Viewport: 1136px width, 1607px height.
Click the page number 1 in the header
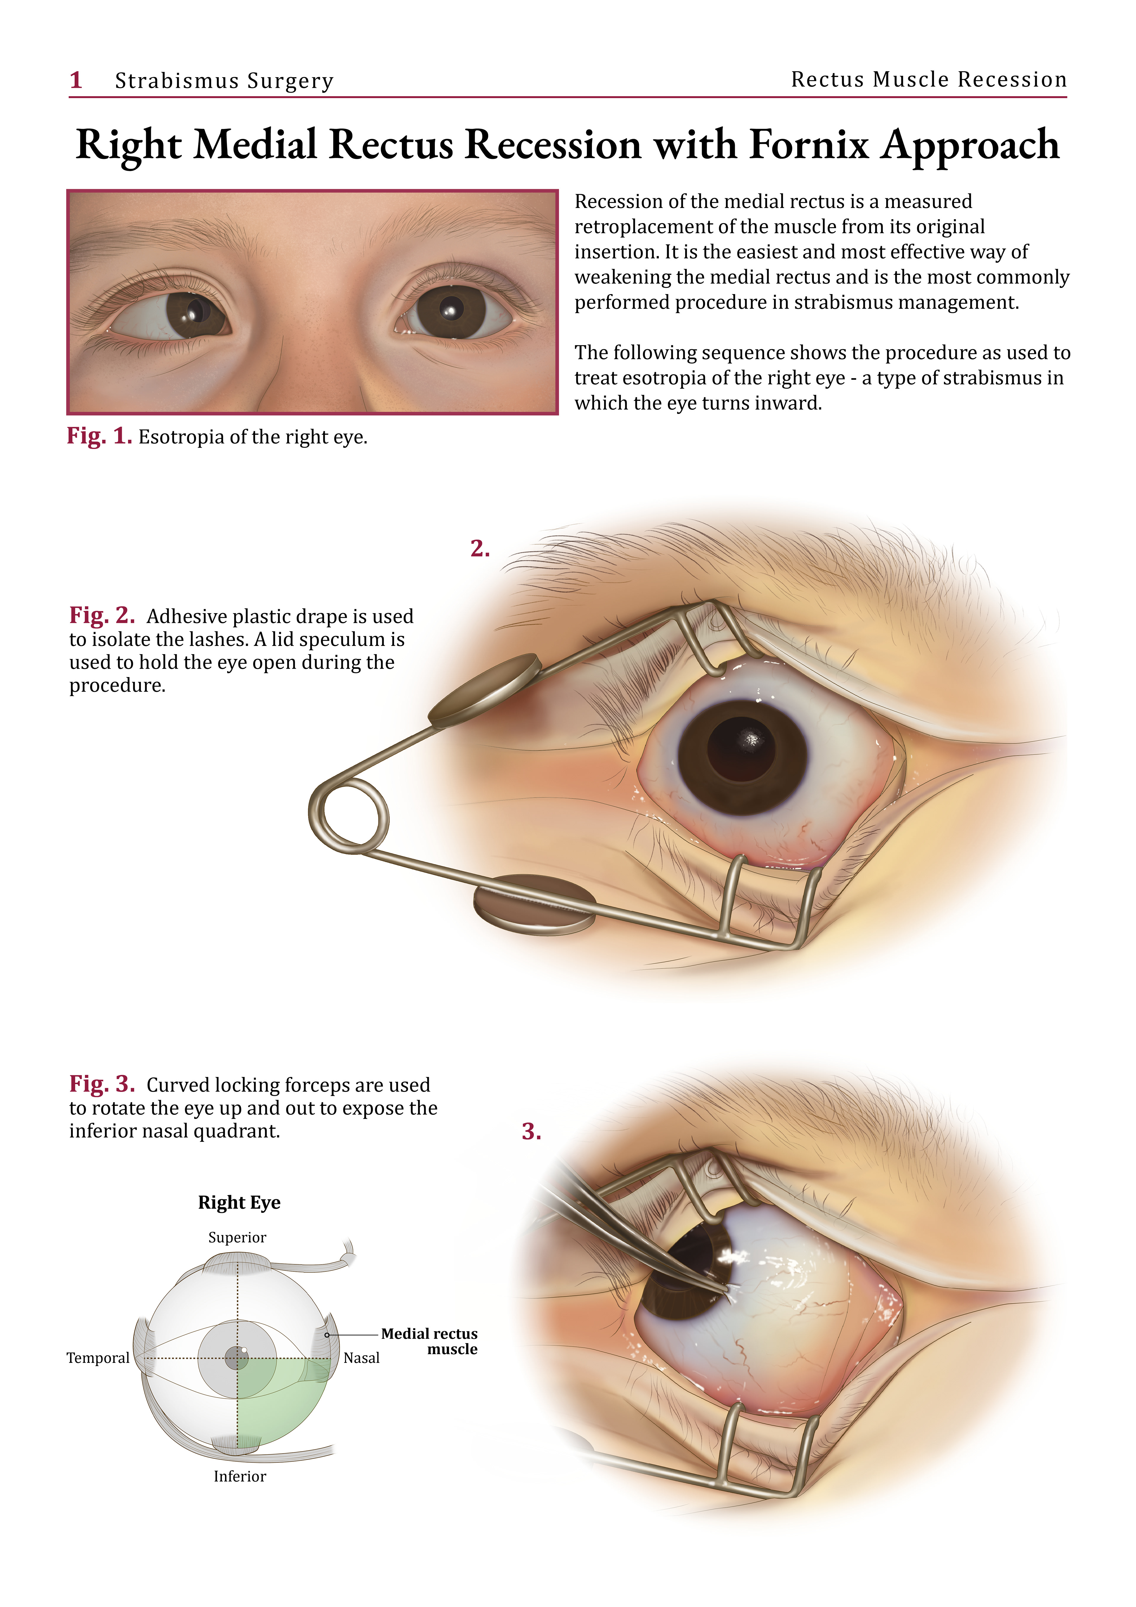point(76,80)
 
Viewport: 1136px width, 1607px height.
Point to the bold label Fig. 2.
point(101,615)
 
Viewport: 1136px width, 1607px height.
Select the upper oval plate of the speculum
point(484,689)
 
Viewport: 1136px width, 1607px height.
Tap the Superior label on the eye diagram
point(237,1237)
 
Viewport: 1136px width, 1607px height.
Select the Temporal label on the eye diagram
point(98,1358)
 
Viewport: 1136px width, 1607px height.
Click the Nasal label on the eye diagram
point(361,1358)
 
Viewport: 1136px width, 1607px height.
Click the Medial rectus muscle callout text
point(429,1341)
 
